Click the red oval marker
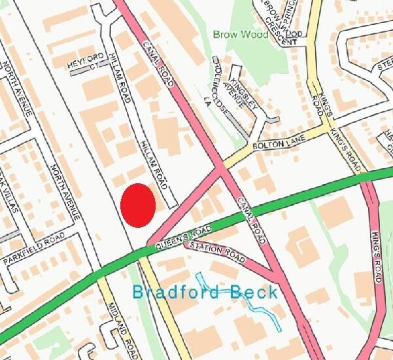138,206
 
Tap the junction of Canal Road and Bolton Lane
220,168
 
